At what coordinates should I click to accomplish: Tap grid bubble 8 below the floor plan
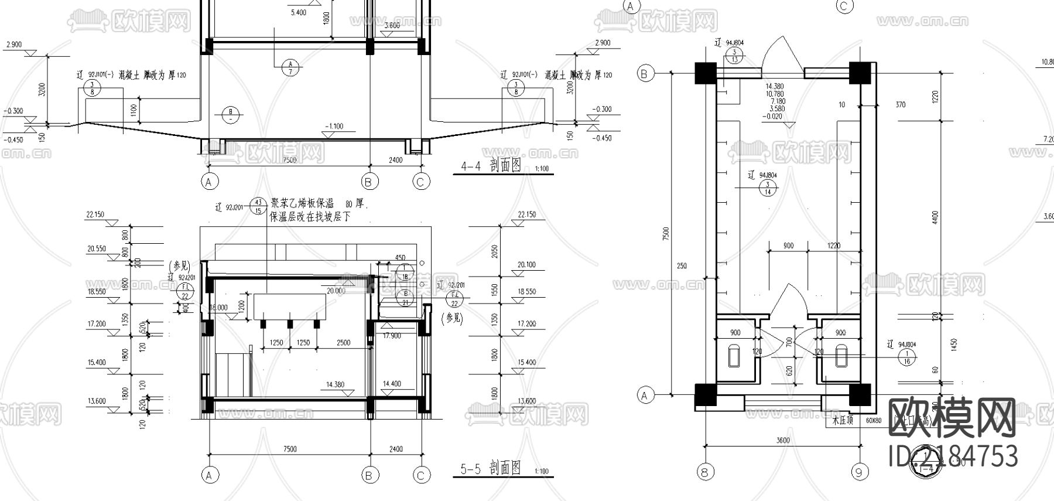[x=706, y=471]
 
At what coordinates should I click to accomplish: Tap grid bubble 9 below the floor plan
[x=859, y=471]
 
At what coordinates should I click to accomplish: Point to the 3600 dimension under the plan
[x=782, y=440]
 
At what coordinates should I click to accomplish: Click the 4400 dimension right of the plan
[x=935, y=217]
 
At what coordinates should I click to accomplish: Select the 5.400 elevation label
[x=298, y=12]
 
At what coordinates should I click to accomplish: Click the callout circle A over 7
[x=290, y=67]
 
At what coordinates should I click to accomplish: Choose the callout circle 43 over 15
[x=258, y=207]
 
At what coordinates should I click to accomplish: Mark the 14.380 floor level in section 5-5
[x=335, y=385]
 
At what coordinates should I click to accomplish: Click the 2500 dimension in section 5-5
[x=344, y=343]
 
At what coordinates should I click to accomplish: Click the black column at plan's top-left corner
[x=706, y=73]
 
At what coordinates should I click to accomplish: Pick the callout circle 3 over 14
[x=767, y=188]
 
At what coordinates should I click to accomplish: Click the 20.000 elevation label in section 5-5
[x=336, y=291]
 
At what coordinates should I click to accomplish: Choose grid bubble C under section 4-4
[x=420, y=182]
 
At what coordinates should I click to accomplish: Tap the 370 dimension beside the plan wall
[x=900, y=105]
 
